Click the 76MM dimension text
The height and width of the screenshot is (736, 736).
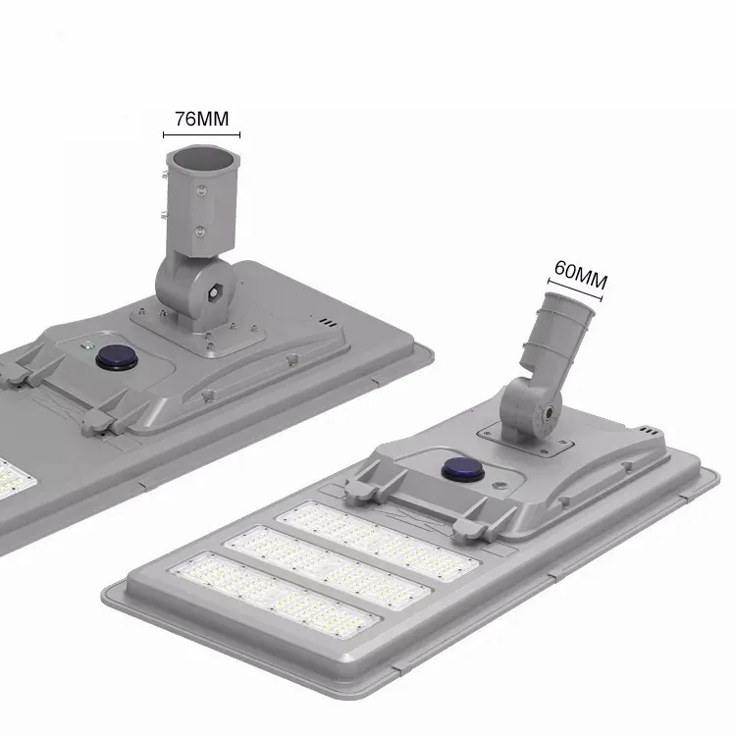click(x=201, y=119)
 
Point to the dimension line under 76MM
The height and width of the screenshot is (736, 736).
click(x=201, y=135)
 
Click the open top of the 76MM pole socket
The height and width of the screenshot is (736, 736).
click(x=201, y=158)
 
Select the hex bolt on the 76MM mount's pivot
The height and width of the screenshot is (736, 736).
click(x=214, y=291)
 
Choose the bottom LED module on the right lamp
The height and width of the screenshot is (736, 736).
click(x=275, y=598)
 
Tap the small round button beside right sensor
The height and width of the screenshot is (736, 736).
click(x=500, y=485)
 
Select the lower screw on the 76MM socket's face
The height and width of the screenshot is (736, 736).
click(x=200, y=233)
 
